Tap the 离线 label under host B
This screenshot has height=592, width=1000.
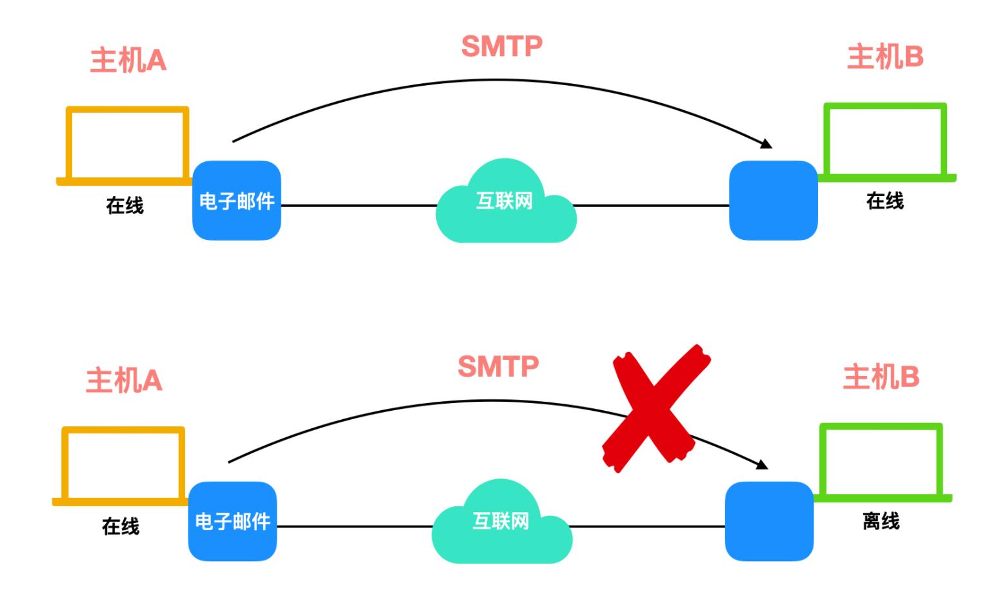tap(881, 521)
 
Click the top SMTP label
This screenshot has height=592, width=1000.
tap(501, 46)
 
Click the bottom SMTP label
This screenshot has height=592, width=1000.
tap(497, 367)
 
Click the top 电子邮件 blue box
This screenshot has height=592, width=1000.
tap(237, 201)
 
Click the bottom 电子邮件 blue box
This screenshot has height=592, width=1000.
tap(232, 521)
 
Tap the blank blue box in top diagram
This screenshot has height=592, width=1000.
tap(773, 201)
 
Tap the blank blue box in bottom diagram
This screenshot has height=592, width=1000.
tap(769, 521)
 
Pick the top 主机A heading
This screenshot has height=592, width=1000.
tap(128, 61)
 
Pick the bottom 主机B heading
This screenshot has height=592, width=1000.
tap(881, 377)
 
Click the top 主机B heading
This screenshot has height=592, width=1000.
tap(885, 57)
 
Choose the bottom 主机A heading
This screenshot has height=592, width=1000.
tap(124, 380)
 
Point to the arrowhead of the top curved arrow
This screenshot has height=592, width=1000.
tap(766, 144)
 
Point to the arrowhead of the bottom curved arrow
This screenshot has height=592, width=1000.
tap(763, 464)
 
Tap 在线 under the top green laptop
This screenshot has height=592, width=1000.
tap(885, 201)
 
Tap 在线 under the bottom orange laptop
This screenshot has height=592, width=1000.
tap(121, 526)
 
